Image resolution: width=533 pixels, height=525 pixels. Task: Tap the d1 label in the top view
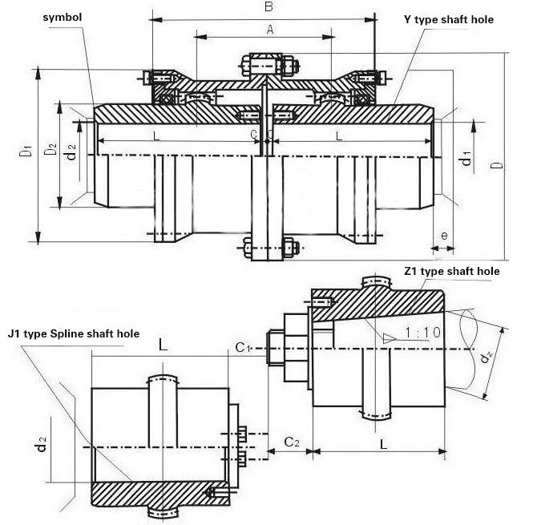[x=466, y=158]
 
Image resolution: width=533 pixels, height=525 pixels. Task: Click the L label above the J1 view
[x=163, y=346]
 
